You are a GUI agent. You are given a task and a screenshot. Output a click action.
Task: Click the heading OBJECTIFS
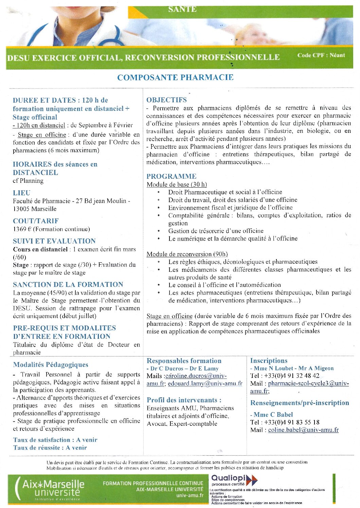(166, 100)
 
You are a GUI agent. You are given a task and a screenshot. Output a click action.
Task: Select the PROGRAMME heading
(171, 176)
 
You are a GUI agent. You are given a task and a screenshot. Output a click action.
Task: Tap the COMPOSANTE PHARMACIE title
(175, 77)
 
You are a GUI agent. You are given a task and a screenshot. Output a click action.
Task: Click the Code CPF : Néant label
(321, 55)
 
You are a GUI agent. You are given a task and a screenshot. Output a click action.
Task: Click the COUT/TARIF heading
(36, 221)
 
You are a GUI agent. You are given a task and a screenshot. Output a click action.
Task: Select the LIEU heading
(21, 193)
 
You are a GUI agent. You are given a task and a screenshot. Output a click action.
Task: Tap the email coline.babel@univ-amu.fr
(303, 430)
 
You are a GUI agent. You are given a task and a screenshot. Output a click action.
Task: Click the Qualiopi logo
(234, 480)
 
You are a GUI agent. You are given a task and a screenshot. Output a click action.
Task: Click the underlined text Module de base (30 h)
(177, 185)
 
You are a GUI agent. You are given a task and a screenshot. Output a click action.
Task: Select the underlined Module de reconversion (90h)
(187, 254)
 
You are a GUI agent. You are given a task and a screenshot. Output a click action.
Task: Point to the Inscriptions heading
(269, 361)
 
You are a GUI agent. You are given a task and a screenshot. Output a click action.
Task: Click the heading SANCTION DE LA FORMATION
(68, 285)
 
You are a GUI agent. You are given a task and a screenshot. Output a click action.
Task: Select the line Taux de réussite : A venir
(50, 448)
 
